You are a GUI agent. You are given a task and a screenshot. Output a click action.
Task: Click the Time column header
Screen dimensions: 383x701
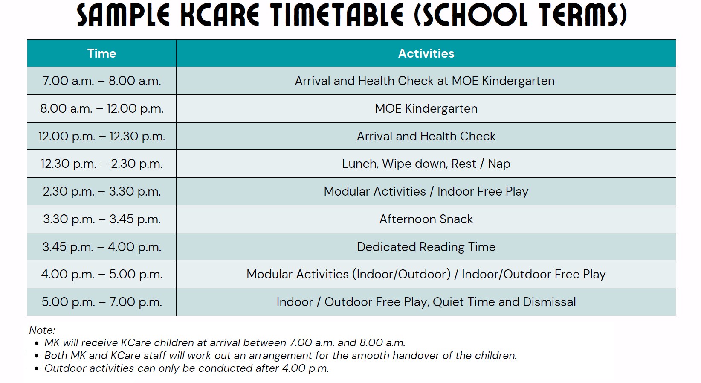(101, 53)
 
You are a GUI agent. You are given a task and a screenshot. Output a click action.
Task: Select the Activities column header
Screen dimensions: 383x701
(426, 53)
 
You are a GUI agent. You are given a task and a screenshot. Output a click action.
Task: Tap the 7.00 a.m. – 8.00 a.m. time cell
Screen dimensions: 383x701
(101, 81)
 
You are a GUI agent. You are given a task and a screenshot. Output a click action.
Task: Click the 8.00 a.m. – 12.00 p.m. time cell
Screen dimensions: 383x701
(101, 108)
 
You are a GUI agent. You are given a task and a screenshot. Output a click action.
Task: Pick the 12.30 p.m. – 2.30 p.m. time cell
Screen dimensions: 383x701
(101, 164)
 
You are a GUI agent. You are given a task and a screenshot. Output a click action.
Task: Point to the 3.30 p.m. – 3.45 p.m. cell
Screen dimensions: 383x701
(101, 219)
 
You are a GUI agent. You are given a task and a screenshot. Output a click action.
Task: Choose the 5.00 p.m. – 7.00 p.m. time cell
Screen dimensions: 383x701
(101, 302)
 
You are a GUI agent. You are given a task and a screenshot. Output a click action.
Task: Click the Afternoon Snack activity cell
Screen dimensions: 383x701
(426, 219)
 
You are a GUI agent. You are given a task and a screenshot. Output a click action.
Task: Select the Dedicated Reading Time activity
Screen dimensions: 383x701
(426, 247)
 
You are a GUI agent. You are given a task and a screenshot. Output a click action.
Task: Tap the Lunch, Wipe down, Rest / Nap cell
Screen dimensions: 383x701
(426, 164)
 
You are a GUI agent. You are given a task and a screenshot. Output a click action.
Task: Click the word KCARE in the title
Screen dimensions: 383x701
(220, 15)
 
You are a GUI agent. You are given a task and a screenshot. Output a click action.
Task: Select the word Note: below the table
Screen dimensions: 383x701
(42, 330)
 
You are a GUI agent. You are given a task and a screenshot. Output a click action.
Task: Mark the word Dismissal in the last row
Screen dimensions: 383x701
(549, 302)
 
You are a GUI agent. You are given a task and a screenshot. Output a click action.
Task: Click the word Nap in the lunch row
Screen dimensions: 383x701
(499, 164)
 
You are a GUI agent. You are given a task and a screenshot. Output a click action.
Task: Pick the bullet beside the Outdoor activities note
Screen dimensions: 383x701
(37, 369)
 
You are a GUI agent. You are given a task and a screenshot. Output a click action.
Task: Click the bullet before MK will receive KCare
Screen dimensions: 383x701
(37, 343)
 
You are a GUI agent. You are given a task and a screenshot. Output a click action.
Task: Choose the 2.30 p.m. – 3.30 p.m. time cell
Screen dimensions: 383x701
(101, 191)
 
